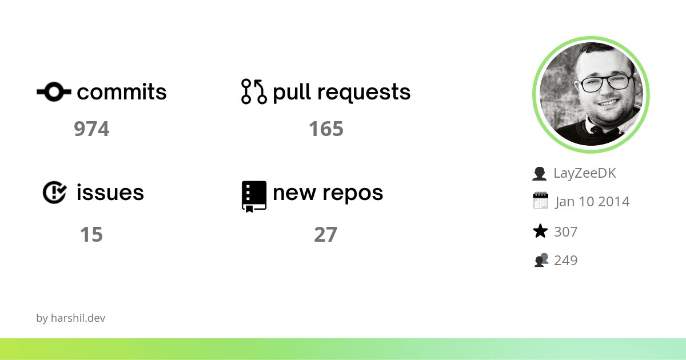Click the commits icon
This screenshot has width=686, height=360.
(54, 91)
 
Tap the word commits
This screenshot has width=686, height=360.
(122, 92)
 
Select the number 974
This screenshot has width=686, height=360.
(91, 129)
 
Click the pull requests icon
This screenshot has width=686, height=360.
(254, 91)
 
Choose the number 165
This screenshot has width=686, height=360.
(326, 129)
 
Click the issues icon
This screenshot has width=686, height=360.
(55, 193)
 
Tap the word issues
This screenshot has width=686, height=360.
(110, 193)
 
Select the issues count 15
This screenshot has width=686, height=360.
(91, 234)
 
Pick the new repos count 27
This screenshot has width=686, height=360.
(326, 234)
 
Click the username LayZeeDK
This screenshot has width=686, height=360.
(585, 173)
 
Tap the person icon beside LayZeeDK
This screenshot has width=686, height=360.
(540, 174)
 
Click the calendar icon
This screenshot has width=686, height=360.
(540, 201)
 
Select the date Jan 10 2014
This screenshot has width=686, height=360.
(592, 202)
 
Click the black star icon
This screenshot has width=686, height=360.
(540, 231)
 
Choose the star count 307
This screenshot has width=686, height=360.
(566, 231)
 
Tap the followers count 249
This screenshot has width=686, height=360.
(566, 261)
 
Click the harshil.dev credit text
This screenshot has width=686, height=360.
(71, 318)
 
